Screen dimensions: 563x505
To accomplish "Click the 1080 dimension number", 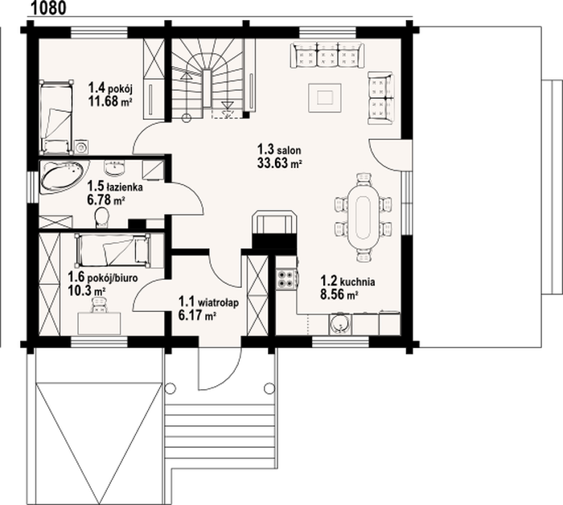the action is pyautogui.click(x=49, y=8).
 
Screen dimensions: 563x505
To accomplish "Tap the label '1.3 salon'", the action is pyautogui.click(x=279, y=149).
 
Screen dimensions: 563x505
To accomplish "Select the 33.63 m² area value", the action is pyautogui.click(x=279, y=163).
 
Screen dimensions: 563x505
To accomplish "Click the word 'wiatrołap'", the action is pyautogui.click(x=219, y=302).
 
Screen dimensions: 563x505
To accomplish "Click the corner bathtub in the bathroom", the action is pyautogui.click(x=63, y=176).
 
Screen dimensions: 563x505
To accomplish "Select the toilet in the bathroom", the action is pyautogui.click(x=102, y=218).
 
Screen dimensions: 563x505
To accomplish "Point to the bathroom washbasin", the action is pyautogui.click(x=114, y=167).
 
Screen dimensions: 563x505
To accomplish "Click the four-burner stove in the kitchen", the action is pyautogui.click(x=286, y=278).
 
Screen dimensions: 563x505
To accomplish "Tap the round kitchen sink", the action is pyautogui.click(x=339, y=324).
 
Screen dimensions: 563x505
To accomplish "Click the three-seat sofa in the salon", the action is pyautogui.click(x=327, y=55).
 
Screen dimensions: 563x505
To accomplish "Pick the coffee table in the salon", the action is pyautogui.click(x=325, y=97).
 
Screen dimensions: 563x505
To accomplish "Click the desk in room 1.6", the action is pyautogui.click(x=100, y=323).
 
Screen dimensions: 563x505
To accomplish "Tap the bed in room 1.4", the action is pyautogui.click(x=56, y=117).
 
